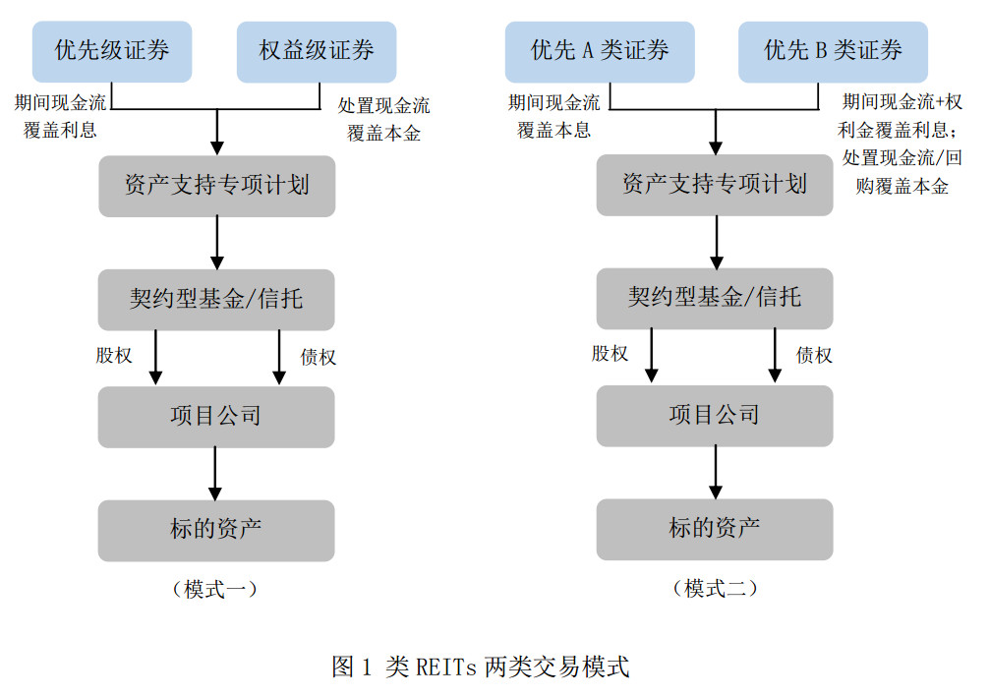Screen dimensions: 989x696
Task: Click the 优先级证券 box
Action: pos(112,52)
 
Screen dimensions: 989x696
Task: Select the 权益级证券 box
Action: pos(317,52)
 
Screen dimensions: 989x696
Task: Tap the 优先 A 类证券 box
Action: pos(600,52)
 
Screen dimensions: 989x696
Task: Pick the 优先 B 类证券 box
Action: pos(834,52)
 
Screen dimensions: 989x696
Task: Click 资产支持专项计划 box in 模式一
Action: pos(217,186)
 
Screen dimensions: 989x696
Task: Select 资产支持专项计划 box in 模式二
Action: pos(715,185)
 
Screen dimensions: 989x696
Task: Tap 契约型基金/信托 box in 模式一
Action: pos(216,300)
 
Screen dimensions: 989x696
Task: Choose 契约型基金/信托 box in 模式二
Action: pos(715,298)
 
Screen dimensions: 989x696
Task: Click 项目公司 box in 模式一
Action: pos(216,417)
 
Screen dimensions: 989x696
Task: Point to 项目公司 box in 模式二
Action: pos(715,416)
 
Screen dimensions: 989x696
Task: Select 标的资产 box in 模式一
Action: pos(216,530)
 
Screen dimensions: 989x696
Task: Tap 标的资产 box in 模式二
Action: pos(715,529)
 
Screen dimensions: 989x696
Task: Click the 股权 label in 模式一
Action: pos(114,356)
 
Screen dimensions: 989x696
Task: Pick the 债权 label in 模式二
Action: pos(814,355)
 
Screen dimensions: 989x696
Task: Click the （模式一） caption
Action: pos(215,590)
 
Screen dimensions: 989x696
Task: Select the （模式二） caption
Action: pos(716,588)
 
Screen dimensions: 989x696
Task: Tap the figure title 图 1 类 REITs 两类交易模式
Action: pos(481,667)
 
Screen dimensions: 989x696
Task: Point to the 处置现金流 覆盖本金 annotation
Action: pos(383,119)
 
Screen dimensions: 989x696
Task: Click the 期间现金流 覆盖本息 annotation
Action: pos(553,116)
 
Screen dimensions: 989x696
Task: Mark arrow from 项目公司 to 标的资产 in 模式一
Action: pos(215,474)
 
